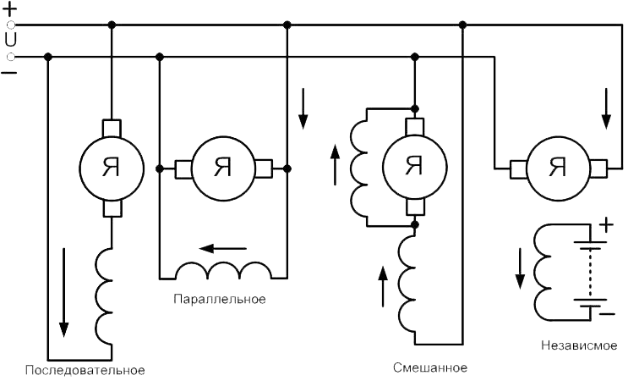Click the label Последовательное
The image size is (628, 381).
(x=85, y=370)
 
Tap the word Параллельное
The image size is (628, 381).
(x=220, y=299)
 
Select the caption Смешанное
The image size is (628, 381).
(x=429, y=367)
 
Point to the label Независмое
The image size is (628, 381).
(x=579, y=345)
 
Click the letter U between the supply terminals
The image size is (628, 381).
(x=11, y=40)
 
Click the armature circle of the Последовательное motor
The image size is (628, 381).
(x=112, y=168)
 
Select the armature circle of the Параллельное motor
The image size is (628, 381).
(x=223, y=168)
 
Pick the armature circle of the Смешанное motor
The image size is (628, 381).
(x=415, y=167)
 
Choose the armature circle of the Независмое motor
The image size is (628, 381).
(x=559, y=168)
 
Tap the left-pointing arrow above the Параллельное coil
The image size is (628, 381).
(x=222, y=249)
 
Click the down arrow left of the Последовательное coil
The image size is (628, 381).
(x=63, y=292)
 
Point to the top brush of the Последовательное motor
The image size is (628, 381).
(x=112, y=128)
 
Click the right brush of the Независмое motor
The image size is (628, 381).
(x=598, y=168)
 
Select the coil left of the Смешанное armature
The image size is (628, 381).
(x=358, y=168)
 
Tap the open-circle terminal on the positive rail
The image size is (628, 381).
(x=11, y=25)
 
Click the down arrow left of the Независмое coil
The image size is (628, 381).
(x=520, y=268)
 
